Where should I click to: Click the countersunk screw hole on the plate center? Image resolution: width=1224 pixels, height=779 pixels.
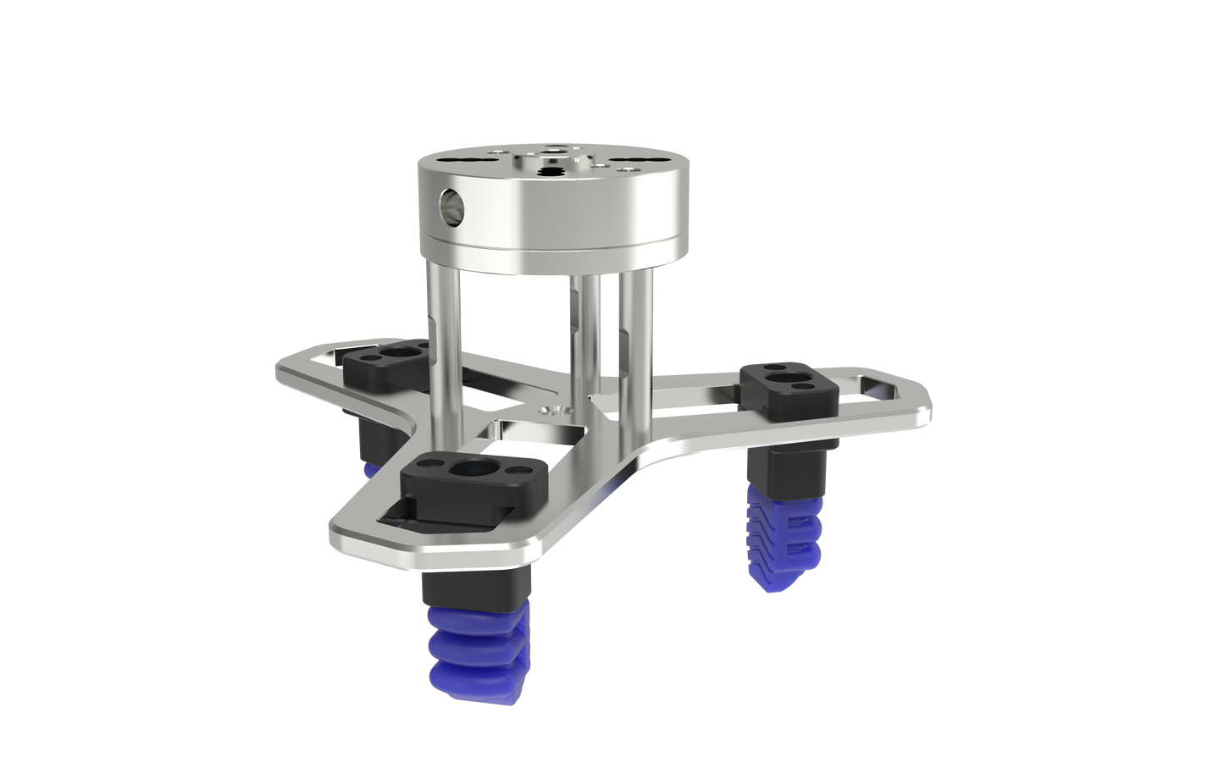pos(557,409)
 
